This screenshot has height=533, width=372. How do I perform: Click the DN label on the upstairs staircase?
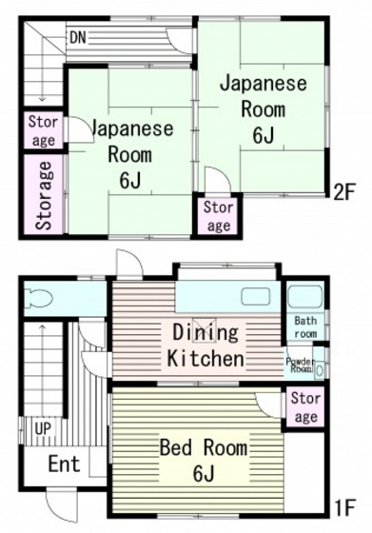click(x=79, y=37)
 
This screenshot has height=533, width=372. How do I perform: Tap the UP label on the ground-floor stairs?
click(x=43, y=428)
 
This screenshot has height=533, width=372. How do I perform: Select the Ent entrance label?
click(x=65, y=464)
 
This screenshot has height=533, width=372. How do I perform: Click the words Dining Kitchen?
click(x=206, y=345)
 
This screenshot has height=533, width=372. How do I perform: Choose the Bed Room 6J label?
click(x=203, y=460)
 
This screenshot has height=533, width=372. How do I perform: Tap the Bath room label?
click(x=305, y=327)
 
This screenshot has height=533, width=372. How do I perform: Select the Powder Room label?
click(x=301, y=364)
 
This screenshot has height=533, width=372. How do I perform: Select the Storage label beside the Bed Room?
click(x=305, y=407)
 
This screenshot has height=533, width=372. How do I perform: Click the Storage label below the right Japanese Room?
click(x=218, y=216)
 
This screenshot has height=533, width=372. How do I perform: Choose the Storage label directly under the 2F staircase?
click(x=43, y=130)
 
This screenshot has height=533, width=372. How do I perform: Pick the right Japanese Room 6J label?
click(x=264, y=108)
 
